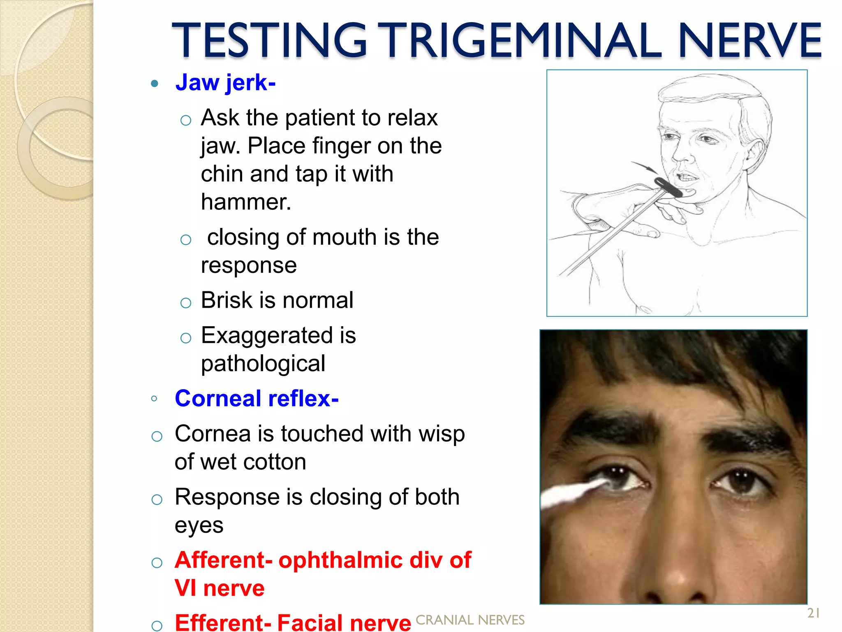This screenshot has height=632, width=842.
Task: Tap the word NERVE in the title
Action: tap(749, 40)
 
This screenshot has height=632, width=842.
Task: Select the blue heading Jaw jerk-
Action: tap(225, 83)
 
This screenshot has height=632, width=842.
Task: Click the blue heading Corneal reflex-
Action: tap(257, 398)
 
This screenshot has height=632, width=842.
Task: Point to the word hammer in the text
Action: tap(245, 202)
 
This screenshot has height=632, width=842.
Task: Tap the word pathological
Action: tap(263, 364)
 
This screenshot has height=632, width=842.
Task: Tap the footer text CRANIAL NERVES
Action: tap(470, 620)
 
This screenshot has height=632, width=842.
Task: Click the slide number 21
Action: tap(813, 613)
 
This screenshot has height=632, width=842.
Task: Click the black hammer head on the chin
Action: tap(668, 187)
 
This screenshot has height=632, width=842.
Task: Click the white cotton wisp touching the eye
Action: tap(571, 492)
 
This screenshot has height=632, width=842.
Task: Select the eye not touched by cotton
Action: tap(741, 479)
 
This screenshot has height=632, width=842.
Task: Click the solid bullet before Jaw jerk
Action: tap(155, 84)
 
